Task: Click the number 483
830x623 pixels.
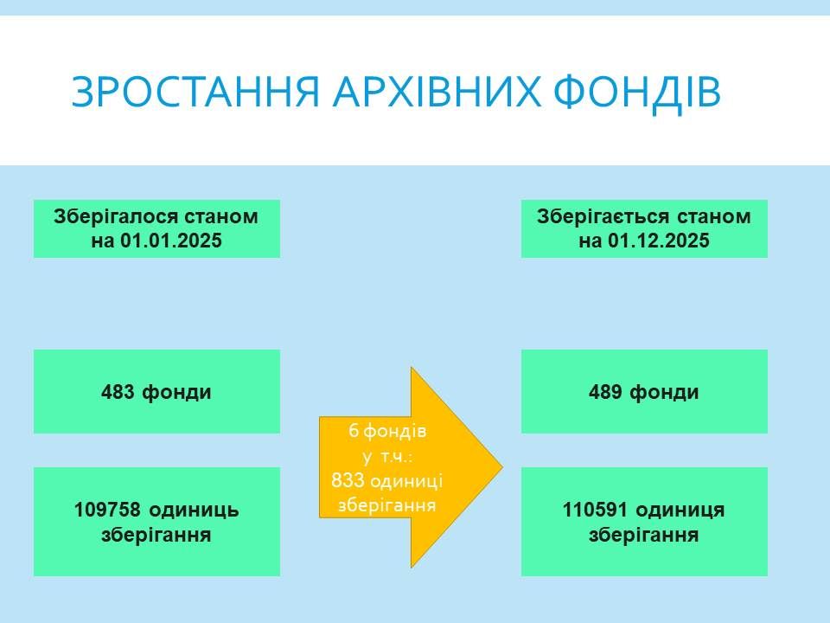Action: coord(118,392)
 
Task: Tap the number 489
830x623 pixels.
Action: coord(605,392)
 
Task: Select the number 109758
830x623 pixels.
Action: coord(105,510)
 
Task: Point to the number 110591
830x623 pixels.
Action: coord(593,510)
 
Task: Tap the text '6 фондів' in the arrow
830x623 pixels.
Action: coord(387,430)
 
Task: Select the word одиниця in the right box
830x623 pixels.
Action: coord(682,510)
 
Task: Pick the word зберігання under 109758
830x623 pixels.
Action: coord(156,535)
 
